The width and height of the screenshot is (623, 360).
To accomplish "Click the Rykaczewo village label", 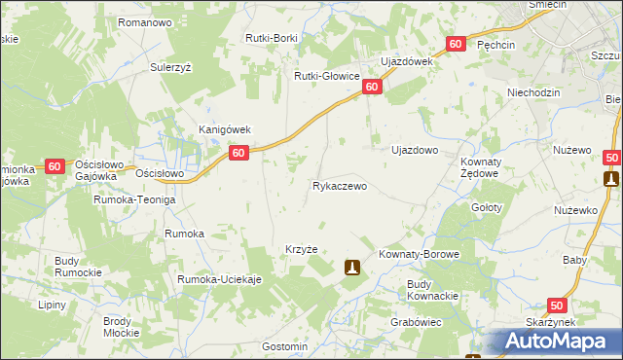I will [339, 185].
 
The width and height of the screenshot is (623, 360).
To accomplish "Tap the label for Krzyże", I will [302, 249].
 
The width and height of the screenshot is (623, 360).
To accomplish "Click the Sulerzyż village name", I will [174, 68].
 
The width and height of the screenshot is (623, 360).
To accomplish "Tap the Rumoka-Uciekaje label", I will [220, 280].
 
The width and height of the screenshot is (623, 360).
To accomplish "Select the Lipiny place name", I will [52, 305].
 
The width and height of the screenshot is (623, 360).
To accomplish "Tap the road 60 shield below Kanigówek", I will [239, 152].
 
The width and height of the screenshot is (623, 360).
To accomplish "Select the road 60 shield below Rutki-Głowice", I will [372, 88].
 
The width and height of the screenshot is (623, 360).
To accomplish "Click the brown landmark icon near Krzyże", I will [352, 266].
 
